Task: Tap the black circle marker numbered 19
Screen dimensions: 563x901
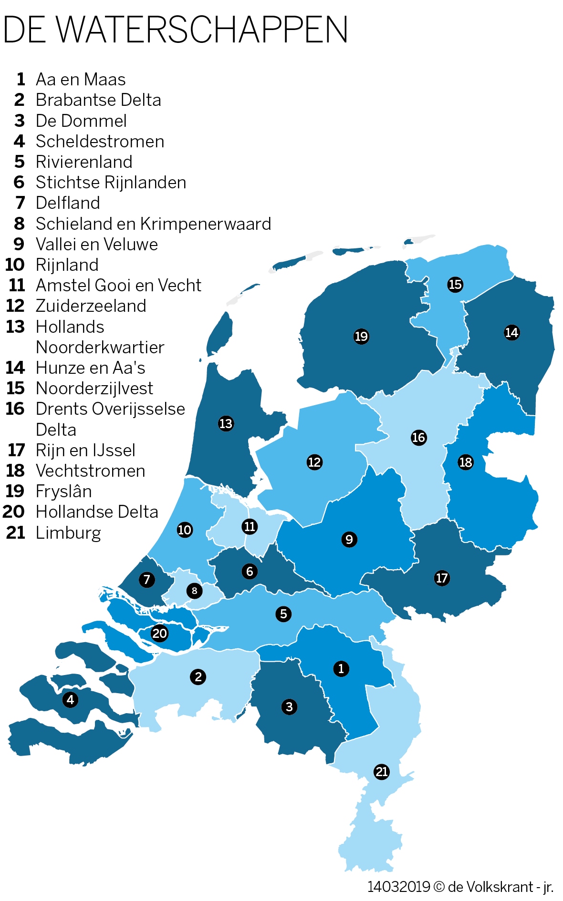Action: [x=361, y=337]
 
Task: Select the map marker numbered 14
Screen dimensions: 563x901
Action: [x=511, y=332]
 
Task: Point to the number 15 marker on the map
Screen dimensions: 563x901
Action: [x=455, y=285]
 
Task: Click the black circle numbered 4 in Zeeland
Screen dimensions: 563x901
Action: [x=71, y=699]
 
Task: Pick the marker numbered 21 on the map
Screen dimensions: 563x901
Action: [x=382, y=771]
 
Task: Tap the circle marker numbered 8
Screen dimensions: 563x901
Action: [x=194, y=591]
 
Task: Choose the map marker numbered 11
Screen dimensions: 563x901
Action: [x=250, y=526]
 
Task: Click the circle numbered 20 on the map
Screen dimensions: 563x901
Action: [x=159, y=633]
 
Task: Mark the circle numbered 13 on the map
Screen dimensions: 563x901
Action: [x=226, y=423]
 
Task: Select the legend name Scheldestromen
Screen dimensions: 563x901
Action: [x=100, y=142]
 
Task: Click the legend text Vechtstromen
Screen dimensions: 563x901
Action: [x=90, y=471]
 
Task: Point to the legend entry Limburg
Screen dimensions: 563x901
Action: [x=68, y=533]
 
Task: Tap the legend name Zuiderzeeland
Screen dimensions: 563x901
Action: [x=91, y=306]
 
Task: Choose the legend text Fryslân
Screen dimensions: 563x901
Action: [x=63, y=491]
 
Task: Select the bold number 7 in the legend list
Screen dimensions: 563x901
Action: [x=20, y=203]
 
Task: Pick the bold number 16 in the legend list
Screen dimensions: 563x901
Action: [x=15, y=409]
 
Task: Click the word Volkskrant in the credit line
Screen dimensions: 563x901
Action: [x=499, y=887]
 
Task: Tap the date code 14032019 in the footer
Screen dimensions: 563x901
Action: [x=398, y=887]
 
